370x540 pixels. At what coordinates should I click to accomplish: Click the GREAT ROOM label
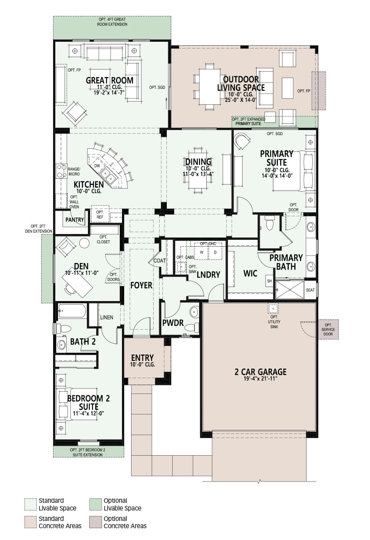coord(110,81)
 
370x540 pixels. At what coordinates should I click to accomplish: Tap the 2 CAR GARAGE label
coord(260,372)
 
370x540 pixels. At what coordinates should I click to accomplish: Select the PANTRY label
coord(75,220)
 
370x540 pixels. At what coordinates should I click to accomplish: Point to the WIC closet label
coord(250,273)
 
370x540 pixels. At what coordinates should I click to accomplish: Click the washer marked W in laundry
coord(201,252)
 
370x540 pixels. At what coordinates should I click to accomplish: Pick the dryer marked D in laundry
coord(215,252)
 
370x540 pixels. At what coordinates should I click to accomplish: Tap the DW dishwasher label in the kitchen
coord(97,165)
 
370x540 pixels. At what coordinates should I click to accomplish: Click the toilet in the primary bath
coord(269,223)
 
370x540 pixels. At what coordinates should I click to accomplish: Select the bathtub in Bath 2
coord(72,311)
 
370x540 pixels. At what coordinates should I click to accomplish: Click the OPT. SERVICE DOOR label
coord(328,330)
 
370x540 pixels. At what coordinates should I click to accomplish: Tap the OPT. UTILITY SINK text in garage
coord(274,321)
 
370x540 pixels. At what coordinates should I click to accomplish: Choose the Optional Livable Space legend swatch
coord(95,504)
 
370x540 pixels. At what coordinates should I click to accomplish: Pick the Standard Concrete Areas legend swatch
coord(31,522)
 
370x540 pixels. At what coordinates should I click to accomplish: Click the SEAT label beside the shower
coord(311,290)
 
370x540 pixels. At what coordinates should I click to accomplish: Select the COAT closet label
coord(160,261)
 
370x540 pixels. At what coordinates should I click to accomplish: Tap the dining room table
coord(198,170)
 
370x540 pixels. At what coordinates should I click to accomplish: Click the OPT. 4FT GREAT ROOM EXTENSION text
coord(112,22)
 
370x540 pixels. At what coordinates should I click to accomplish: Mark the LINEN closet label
coord(107,317)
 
